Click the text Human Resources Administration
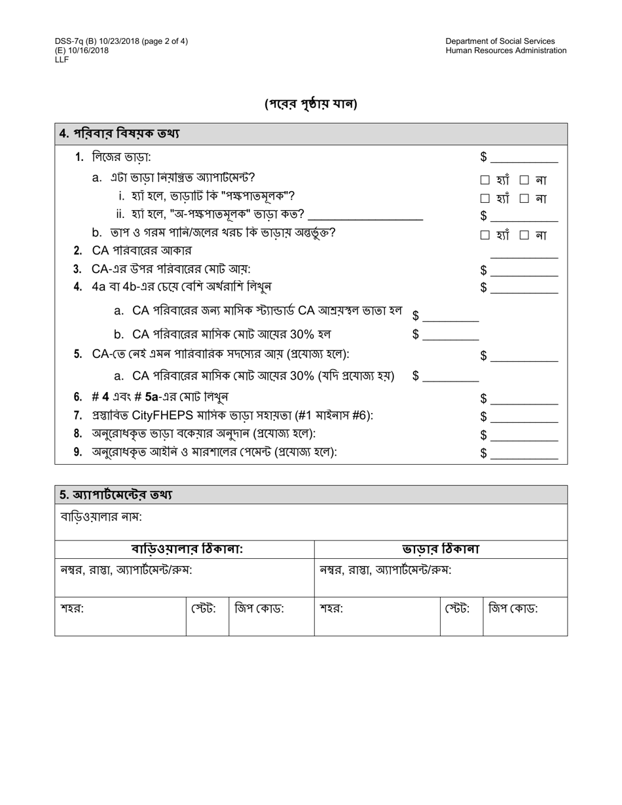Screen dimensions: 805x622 505,50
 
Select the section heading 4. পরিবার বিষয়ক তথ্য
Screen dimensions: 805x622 119,134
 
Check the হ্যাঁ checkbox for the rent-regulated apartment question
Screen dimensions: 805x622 485,180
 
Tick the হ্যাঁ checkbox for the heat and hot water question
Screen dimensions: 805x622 485,235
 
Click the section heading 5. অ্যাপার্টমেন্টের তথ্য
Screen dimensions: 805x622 116,495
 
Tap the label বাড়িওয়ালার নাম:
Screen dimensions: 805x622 101,516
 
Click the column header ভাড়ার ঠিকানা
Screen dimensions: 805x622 441,549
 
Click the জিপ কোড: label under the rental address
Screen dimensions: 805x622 513,609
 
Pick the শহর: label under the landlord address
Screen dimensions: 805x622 72,609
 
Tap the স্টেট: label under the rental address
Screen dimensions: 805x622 457,609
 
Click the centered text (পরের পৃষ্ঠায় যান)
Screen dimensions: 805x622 311,104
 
